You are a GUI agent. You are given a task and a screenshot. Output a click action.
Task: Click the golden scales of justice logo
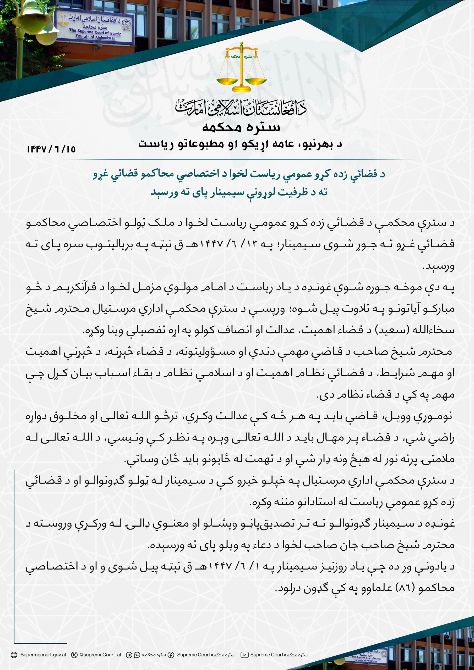coord(241,68)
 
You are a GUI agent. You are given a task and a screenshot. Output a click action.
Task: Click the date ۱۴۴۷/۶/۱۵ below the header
coord(51,149)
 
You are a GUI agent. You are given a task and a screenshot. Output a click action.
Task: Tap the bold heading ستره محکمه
coord(241,127)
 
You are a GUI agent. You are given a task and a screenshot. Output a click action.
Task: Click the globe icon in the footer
coord(14,655)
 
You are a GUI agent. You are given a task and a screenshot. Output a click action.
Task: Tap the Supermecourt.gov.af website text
coord(43,655)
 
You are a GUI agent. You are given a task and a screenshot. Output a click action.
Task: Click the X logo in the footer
coord(74,655)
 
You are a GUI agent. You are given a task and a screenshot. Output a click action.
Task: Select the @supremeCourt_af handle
coord(100,655)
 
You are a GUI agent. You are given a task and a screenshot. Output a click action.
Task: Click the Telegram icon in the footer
coord(129,655)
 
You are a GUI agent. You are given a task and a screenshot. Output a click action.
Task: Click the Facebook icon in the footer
coord(171,655)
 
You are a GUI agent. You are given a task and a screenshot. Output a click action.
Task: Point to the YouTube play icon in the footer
coord(244,655)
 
